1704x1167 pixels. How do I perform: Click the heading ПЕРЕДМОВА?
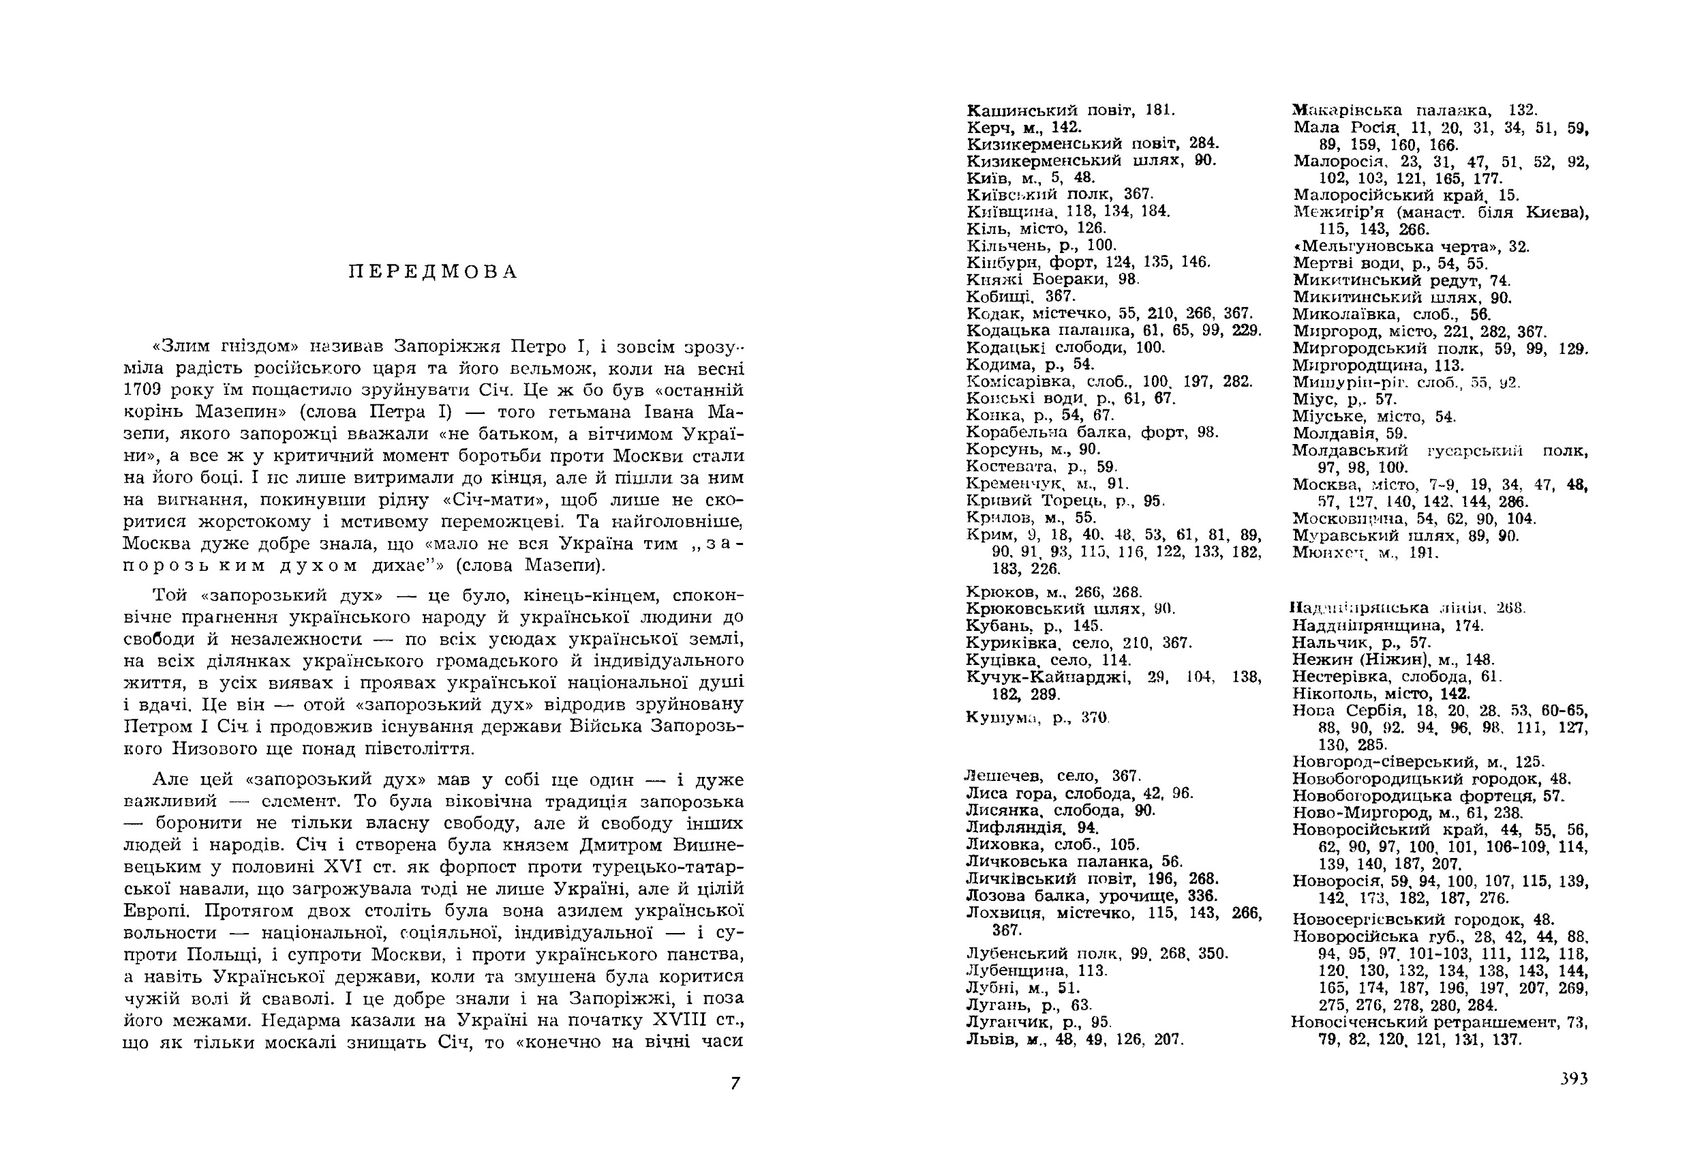(x=433, y=272)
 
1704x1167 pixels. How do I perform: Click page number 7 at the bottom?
(x=735, y=1082)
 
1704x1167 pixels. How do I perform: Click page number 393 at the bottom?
(x=1574, y=1078)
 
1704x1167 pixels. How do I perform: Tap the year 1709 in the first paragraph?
(x=143, y=389)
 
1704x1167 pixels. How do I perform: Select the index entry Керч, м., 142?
(x=1024, y=127)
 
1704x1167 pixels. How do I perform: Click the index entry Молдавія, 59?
(x=1349, y=434)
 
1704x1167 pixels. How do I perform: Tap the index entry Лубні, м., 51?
(x=1013, y=988)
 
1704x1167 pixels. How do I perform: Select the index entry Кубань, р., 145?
(x=1034, y=625)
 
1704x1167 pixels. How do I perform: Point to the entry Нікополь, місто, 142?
(x=1381, y=693)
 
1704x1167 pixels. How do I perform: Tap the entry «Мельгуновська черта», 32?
(x=1411, y=246)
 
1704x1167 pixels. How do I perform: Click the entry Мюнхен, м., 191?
(x=1365, y=553)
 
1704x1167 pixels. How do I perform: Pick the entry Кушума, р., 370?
(x=1037, y=718)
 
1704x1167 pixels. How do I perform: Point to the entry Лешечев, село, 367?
(x=1052, y=776)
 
